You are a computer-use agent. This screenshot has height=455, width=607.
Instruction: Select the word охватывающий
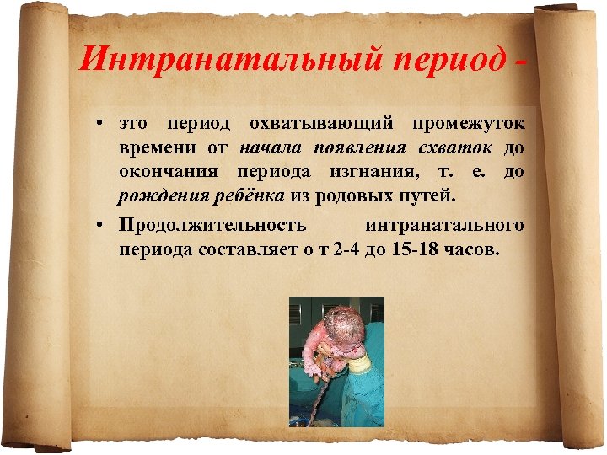[321, 124]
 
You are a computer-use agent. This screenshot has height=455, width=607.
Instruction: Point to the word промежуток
[468, 124]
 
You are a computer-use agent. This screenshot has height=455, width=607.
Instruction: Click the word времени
[158, 149]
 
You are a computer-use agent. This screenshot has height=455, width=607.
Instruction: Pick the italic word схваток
[459, 149]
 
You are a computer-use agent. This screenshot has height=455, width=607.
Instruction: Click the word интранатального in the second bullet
[445, 225]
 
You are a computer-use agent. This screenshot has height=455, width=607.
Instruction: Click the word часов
[475, 250]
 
